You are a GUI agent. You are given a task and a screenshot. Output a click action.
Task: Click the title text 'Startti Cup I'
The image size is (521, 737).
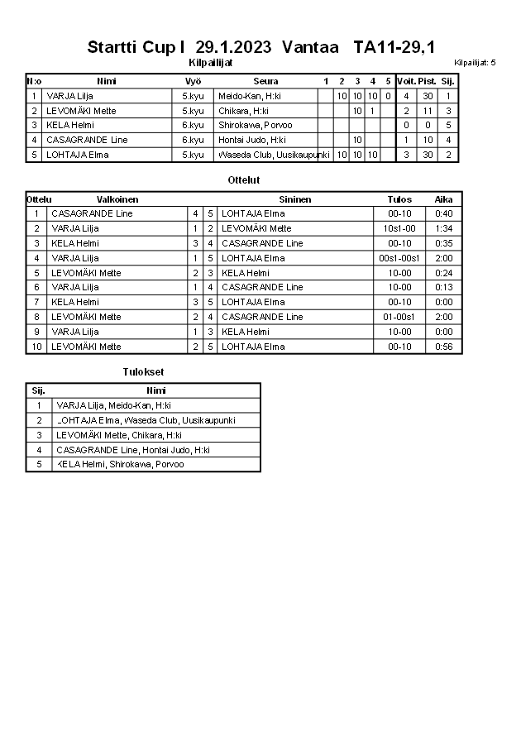136,47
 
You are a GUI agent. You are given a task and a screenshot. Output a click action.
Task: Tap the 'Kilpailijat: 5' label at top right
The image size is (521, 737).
475,63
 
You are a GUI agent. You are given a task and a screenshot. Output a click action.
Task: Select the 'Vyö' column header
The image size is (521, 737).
193,81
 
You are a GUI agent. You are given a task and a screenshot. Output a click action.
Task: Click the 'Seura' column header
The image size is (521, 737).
265,81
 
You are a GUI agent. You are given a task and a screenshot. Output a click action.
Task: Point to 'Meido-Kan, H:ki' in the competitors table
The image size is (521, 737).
250,96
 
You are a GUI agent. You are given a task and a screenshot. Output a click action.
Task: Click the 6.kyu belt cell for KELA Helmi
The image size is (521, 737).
193,125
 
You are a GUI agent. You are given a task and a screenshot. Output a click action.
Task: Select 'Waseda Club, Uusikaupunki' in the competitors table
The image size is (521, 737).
273,155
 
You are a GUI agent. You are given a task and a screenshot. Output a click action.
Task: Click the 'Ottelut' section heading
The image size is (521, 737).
243,179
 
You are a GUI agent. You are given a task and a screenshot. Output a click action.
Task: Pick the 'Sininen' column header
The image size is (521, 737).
295,199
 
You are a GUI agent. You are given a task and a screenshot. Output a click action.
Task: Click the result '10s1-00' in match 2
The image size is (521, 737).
399,228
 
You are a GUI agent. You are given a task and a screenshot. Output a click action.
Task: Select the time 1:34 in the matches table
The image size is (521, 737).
443,228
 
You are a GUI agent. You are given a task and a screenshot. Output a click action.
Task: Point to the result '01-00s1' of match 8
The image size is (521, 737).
399,317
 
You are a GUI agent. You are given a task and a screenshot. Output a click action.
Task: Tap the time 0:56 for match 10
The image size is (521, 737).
443,347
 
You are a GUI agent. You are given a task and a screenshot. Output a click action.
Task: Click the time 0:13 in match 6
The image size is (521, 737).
443,287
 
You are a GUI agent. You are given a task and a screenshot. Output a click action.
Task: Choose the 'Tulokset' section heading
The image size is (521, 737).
137,372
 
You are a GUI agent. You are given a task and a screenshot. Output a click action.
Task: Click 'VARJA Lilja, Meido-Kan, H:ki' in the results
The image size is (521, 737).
113,405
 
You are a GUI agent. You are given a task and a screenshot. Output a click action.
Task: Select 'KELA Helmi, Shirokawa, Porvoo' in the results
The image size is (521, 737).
120,464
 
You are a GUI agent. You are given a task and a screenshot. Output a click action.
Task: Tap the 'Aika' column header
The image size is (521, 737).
443,199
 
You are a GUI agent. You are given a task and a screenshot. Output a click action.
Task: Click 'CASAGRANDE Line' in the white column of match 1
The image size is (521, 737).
92,213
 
